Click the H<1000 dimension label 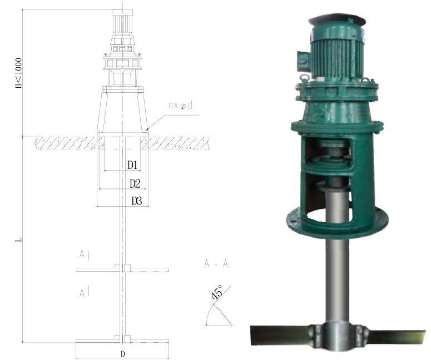coord(19,73)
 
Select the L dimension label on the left coord(19,240)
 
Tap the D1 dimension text coord(132,165)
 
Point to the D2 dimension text coord(135,183)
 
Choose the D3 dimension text coord(137,201)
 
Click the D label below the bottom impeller coord(122,354)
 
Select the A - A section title coord(216,264)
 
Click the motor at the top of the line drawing coord(122,22)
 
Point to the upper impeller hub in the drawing coord(122,268)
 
